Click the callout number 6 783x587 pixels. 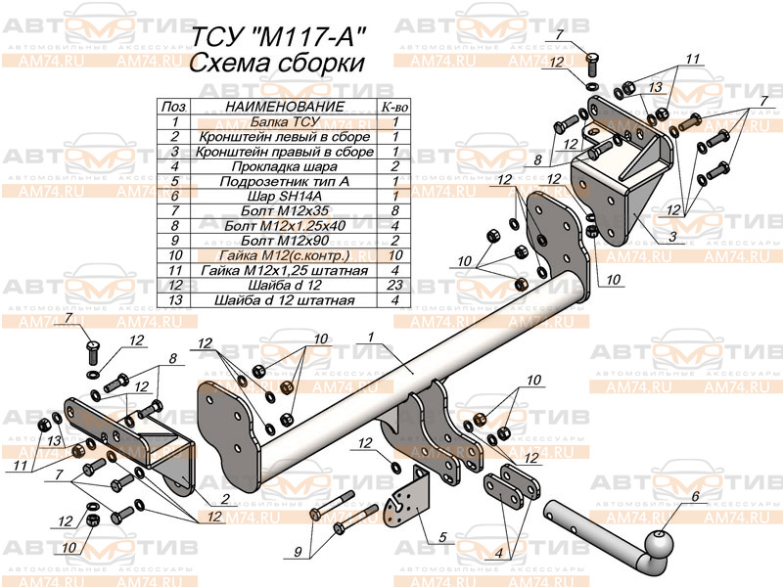(696, 496)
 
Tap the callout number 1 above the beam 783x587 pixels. (373, 337)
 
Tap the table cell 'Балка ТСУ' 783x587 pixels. (284, 122)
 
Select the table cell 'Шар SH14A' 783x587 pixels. (284, 196)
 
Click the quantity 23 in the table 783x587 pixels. (394, 286)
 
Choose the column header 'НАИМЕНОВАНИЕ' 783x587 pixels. (284, 106)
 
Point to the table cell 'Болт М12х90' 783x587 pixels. (284, 241)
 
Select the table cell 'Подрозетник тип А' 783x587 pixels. (284, 181)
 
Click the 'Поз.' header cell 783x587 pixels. (174, 106)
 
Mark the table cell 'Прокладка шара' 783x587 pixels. (284, 166)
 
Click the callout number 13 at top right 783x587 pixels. (656, 88)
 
